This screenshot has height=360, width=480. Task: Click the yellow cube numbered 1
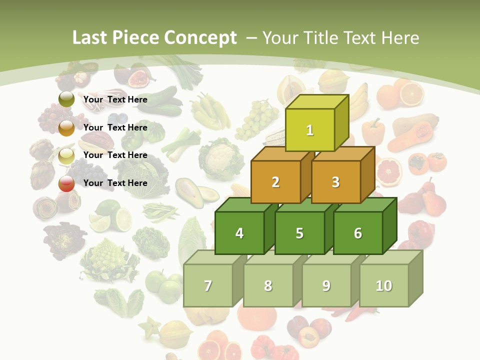[x=310, y=130]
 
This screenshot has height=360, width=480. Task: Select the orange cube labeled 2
[x=275, y=182]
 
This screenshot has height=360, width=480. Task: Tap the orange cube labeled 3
[x=335, y=182]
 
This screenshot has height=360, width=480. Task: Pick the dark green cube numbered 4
[x=239, y=233]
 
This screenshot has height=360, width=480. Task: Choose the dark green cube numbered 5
[x=299, y=233]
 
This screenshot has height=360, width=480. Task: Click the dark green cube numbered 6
[x=357, y=233]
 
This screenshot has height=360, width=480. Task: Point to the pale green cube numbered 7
[x=208, y=285]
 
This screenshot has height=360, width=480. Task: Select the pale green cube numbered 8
[x=268, y=285]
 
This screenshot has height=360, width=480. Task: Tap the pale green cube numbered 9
[x=326, y=285]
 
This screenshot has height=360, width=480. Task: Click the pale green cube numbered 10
[x=383, y=285]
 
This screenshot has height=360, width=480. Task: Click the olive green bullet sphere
[x=66, y=99]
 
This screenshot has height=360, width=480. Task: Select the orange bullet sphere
[x=66, y=127]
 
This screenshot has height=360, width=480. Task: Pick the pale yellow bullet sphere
[x=66, y=155]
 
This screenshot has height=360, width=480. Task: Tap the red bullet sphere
[x=66, y=183]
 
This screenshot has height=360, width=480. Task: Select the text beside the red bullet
[x=115, y=183]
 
